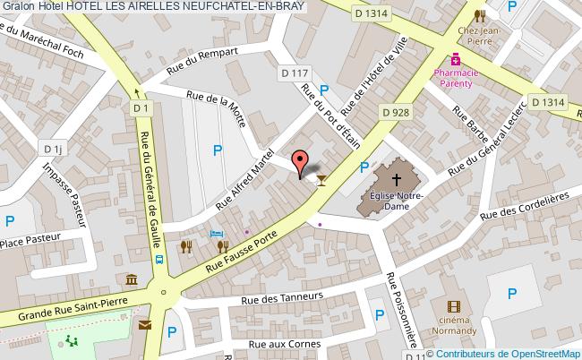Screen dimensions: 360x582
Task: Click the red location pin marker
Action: click(x=300, y=163)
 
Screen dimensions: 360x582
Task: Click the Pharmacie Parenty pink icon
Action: click(x=456, y=59)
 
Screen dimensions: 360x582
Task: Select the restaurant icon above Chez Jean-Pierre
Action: click(x=480, y=15)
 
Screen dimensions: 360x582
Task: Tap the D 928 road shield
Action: click(x=397, y=113)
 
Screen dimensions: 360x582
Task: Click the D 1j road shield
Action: click(x=54, y=150)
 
